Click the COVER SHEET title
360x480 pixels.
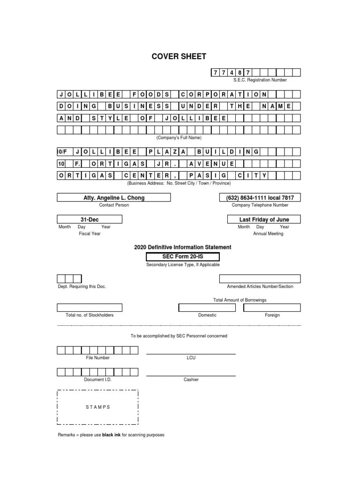179,57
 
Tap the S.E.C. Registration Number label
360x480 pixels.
260,80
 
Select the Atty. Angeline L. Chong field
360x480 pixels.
113,198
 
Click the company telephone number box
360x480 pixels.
260,198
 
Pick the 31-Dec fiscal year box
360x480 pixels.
90,219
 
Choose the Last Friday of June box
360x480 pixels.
264,219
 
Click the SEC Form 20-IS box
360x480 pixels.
182,256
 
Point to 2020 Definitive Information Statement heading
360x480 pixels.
182,247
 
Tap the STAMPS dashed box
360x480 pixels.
97,407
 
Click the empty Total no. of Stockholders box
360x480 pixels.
90,307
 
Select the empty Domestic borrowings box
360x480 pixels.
207,307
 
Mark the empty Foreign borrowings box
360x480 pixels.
272,307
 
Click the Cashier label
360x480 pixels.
191,379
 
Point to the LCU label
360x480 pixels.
191,358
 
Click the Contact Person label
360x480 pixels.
113,205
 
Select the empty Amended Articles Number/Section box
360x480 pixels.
260,279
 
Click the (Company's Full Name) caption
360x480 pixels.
179,138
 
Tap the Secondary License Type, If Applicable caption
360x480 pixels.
182,265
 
